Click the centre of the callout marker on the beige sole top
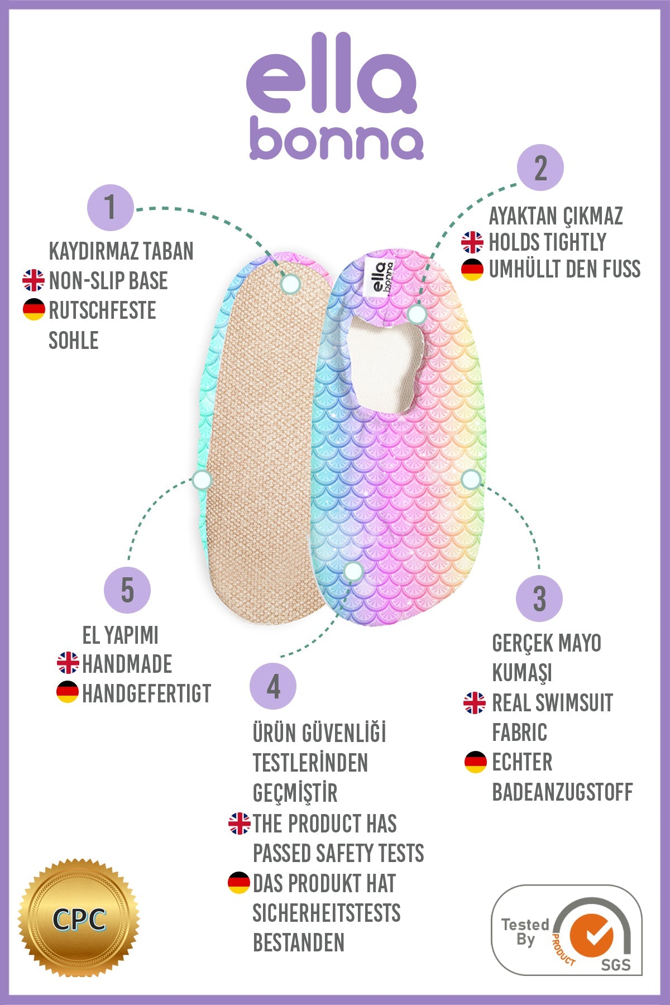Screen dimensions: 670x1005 290,284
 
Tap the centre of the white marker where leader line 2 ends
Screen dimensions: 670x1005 417,314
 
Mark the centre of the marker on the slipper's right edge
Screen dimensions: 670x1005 471,479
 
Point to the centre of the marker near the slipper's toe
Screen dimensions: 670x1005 353,571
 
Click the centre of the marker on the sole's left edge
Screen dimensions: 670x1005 202,480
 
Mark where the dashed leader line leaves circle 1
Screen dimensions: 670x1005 134,209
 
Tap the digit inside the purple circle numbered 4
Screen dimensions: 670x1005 274,687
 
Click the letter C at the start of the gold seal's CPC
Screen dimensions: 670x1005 61,920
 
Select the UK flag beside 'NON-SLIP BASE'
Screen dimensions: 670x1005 33,280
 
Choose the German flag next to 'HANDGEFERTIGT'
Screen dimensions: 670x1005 68,692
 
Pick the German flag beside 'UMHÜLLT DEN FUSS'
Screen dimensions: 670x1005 472,270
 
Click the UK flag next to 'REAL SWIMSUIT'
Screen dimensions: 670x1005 475,703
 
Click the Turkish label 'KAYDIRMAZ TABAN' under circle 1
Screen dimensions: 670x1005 121,251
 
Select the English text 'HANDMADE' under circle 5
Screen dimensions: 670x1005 127,664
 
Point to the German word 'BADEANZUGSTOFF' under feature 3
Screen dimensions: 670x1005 562,792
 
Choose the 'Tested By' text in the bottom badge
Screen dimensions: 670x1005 525,932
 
